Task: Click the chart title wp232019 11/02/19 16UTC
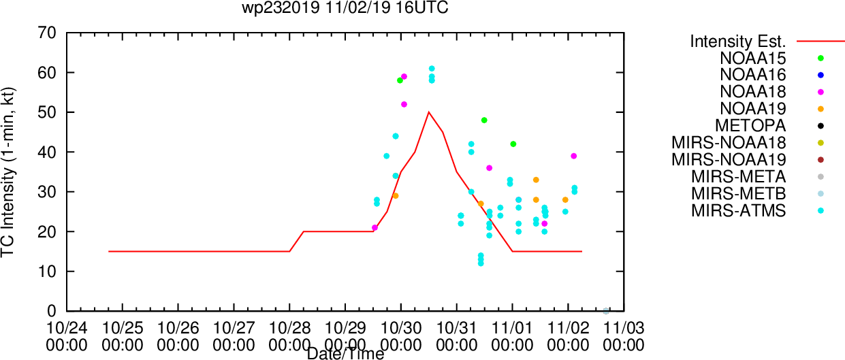(345, 7)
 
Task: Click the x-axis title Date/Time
(345, 354)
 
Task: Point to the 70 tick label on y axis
(47, 33)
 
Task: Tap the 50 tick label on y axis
(47, 112)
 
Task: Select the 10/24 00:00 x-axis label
(67, 336)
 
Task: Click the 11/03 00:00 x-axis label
(624, 336)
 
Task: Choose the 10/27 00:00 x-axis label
(234, 336)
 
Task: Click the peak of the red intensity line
(428, 112)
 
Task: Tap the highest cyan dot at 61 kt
(432, 69)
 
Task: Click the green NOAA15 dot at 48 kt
(484, 120)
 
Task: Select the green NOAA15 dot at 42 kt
(513, 144)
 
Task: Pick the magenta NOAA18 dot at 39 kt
(574, 156)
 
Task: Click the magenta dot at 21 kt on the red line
(374, 228)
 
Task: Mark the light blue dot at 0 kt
(606, 311)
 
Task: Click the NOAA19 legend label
(752, 109)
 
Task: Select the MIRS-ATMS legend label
(738, 210)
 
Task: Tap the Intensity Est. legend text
(738, 42)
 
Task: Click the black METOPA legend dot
(820, 126)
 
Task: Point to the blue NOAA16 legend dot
(820, 75)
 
